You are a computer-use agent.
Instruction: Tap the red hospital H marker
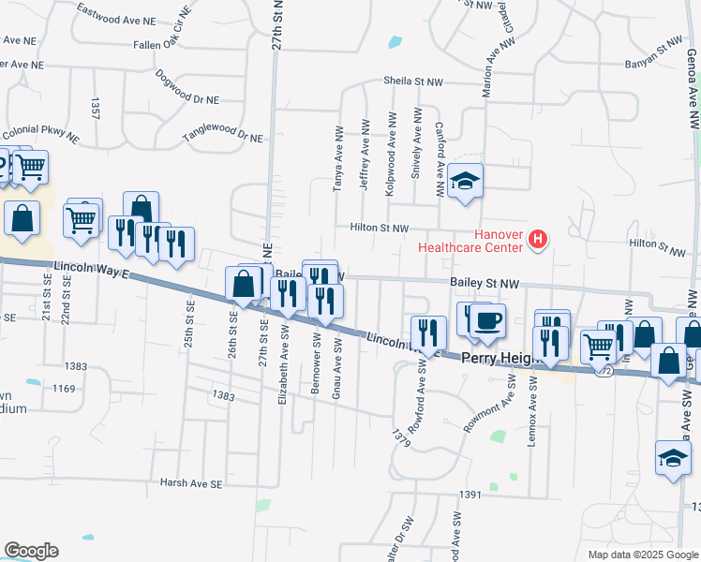tap(538, 240)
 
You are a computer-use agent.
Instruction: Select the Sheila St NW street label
tap(413, 81)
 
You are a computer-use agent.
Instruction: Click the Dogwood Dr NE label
tap(187, 86)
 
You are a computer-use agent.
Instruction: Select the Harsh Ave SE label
tap(191, 484)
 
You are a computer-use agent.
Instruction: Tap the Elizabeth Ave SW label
tap(282, 371)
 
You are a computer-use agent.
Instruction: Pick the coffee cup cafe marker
tap(486, 320)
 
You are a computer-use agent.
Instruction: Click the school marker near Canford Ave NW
tap(464, 180)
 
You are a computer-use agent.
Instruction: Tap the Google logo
tap(31, 551)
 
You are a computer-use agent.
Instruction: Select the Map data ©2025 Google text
tap(642, 555)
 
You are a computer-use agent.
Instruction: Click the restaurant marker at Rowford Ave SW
tap(428, 333)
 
